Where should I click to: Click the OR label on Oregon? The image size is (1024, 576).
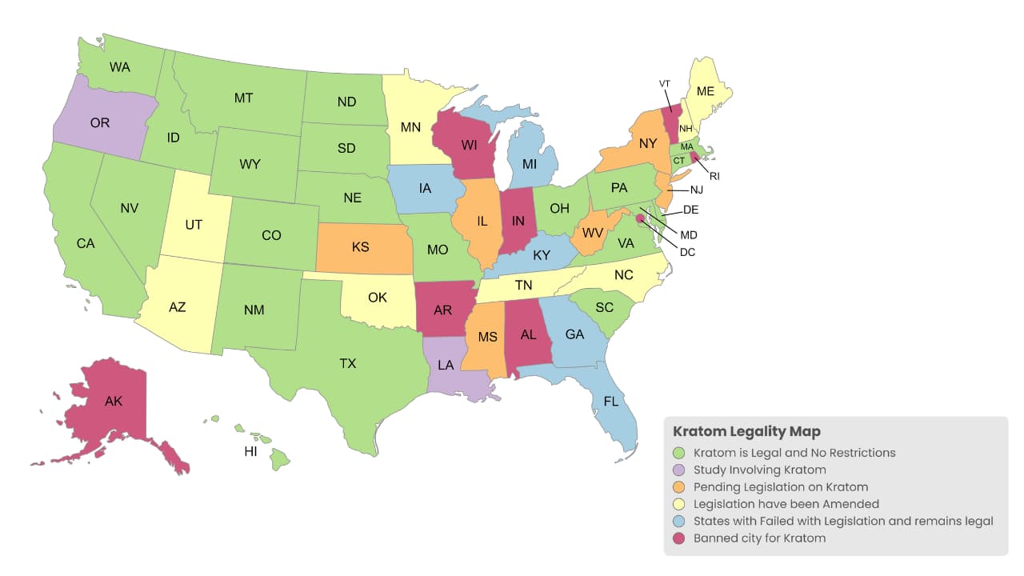(x=100, y=123)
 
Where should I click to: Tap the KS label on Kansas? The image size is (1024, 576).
(x=361, y=247)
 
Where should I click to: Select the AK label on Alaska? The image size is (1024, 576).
(x=114, y=402)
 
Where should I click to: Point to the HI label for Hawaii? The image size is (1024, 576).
(x=250, y=452)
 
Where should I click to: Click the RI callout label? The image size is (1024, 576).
(x=714, y=176)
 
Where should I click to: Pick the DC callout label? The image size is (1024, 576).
(x=686, y=252)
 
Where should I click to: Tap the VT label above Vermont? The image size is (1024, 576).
(x=664, y=84)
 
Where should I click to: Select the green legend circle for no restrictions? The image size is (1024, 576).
(x=680, y=453)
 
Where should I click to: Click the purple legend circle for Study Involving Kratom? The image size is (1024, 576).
(x=680, y=470)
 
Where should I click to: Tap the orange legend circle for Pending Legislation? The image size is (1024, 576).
(x=680, y=487)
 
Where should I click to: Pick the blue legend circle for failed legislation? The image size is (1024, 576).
(x=680, y=522)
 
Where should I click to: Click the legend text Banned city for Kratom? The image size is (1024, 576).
(x=759, y=538)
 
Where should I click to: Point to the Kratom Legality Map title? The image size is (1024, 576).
(x=746, y=432)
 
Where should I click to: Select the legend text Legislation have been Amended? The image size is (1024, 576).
(x=786, y=504)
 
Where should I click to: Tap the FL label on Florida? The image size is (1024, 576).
(x=611, y=402)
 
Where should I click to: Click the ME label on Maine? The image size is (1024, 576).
(x=705, y=91)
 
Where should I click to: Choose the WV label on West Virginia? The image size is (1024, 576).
(x=592, y=233)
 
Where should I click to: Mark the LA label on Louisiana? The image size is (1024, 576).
(x=446, y=366)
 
